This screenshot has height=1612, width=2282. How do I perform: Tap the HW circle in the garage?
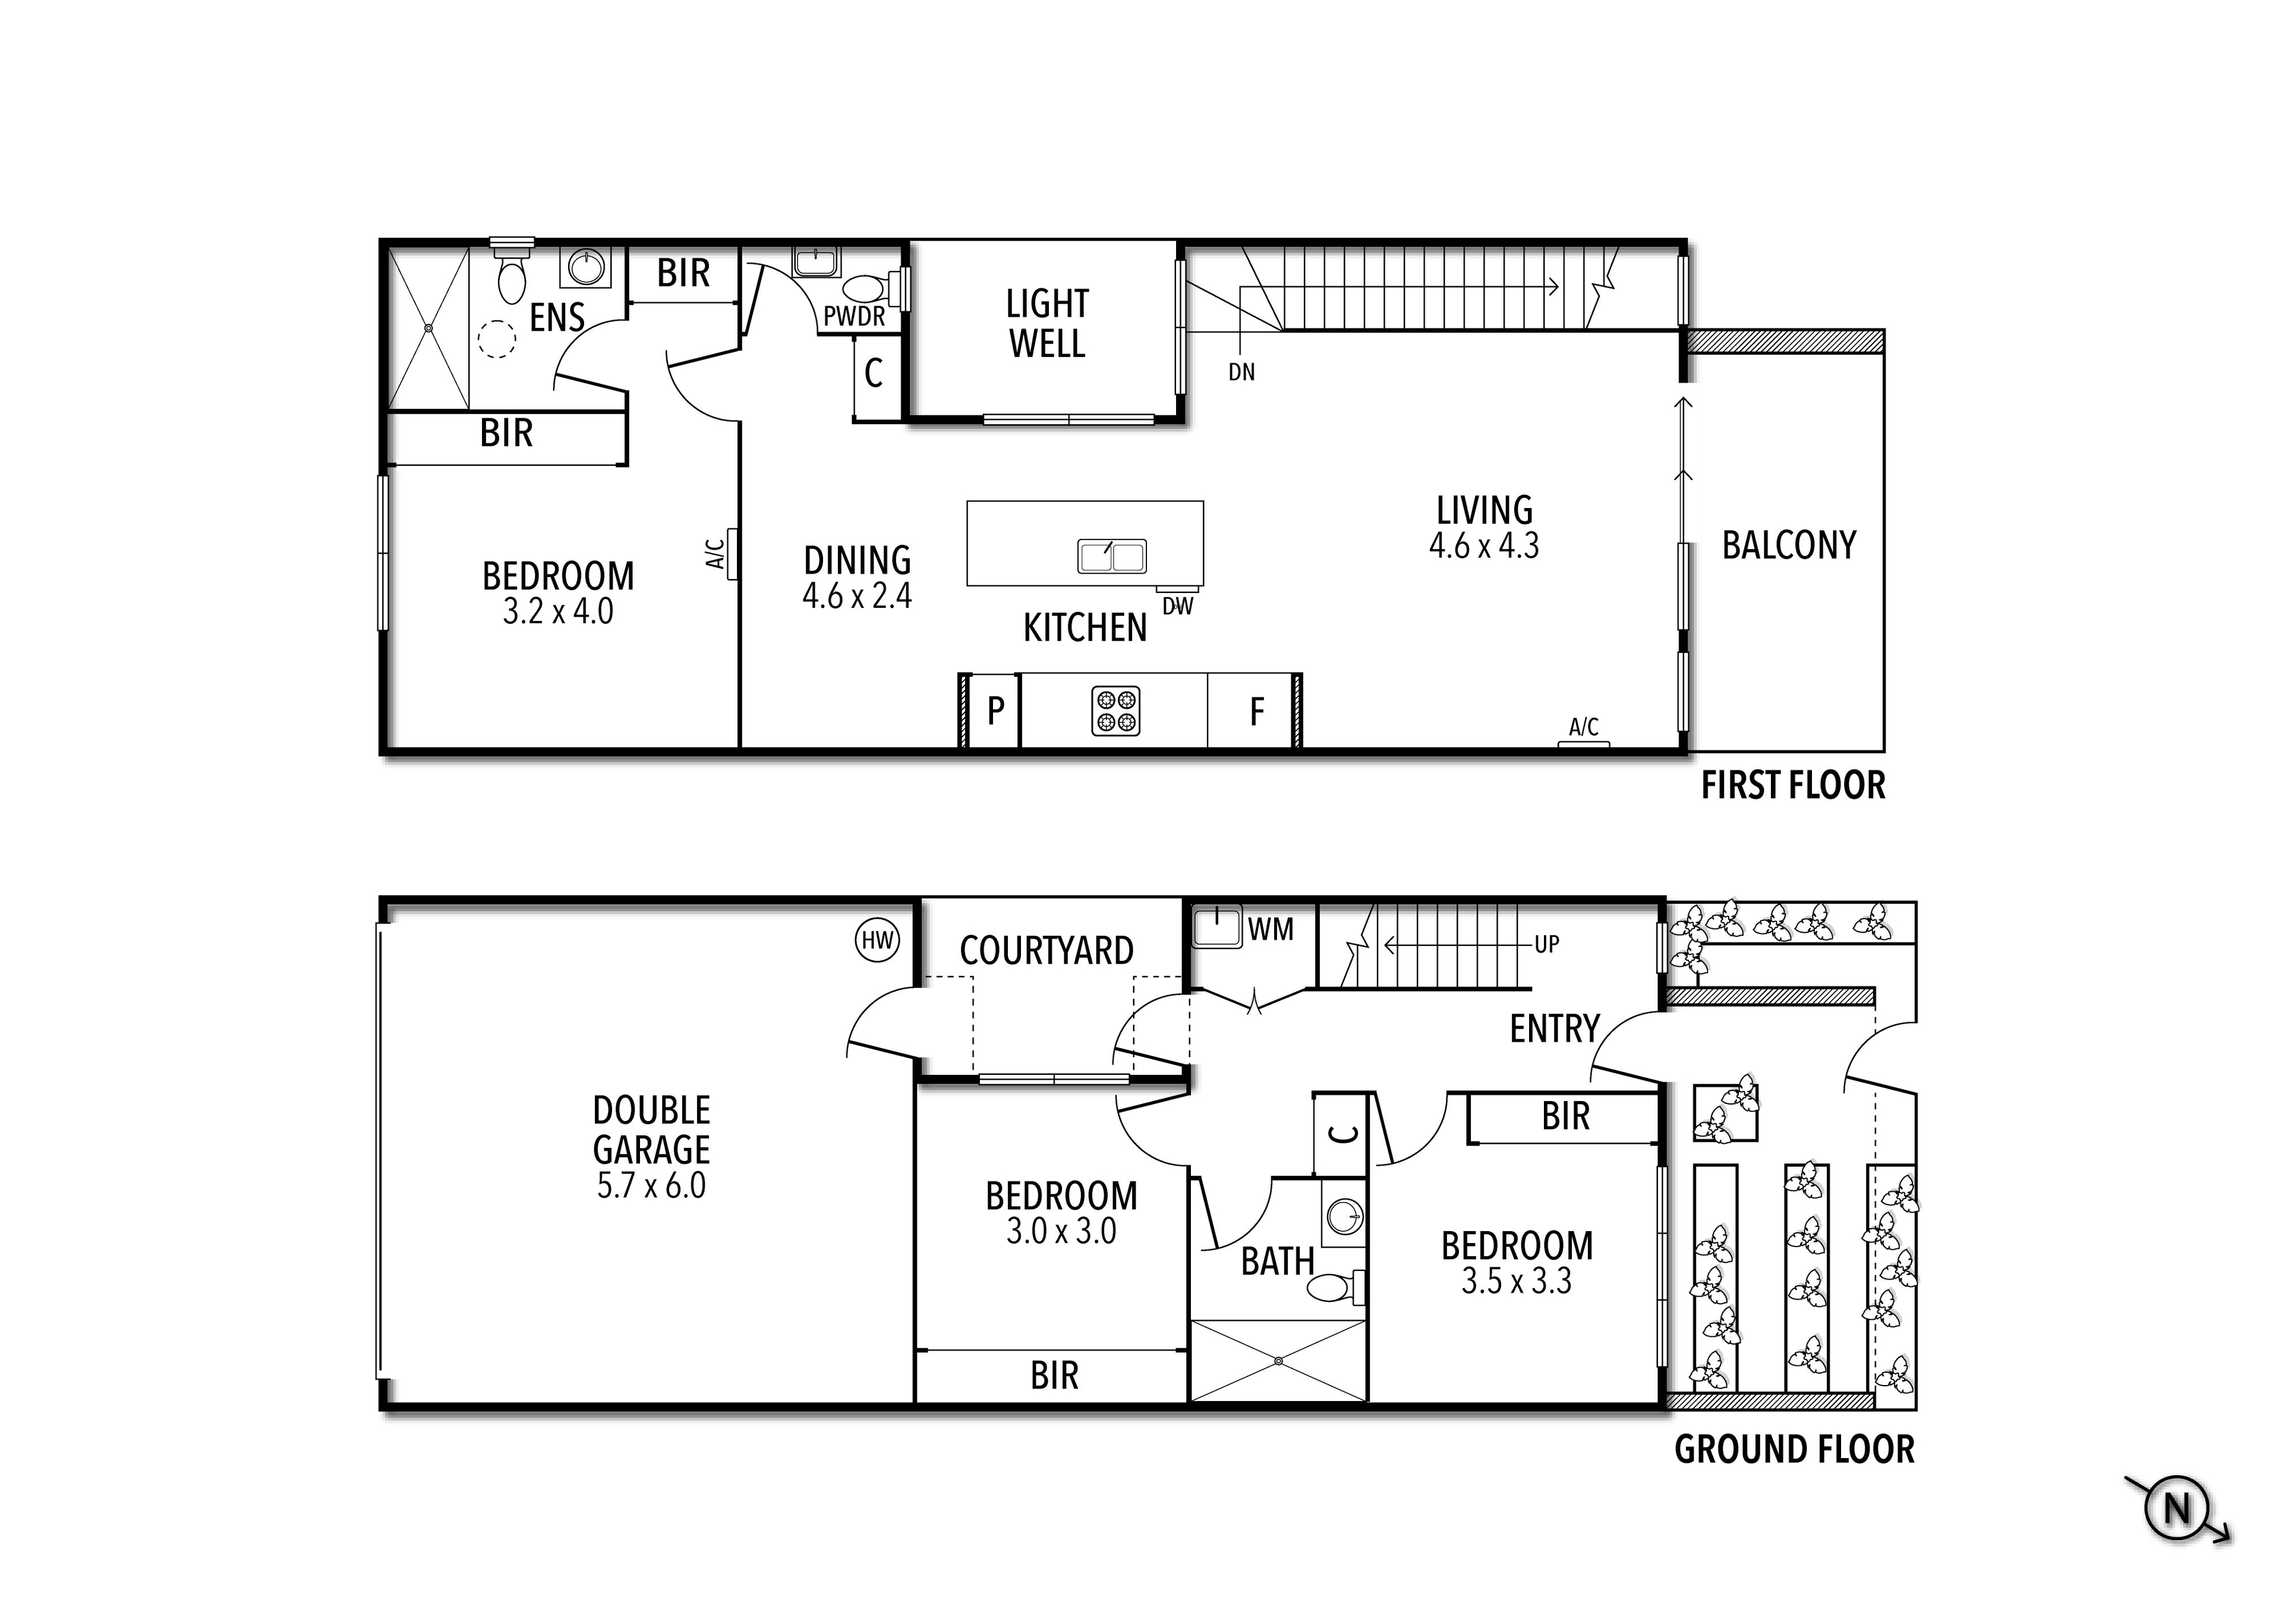pos(878,940)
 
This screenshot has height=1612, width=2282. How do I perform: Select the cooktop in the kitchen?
pos(1115,712)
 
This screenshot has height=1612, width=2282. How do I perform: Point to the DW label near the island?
pos(1178,606)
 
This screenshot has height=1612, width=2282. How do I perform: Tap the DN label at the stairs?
pos(1241,373)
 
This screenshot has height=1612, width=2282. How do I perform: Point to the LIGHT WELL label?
pos(1047,324)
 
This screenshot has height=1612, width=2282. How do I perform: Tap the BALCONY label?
pos(1789,545)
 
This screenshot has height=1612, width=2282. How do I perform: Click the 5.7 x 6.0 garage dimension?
pos(651,1185)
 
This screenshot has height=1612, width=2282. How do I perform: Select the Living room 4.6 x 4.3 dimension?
pos(1484,545)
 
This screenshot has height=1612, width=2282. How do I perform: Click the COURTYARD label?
pos(1047,951)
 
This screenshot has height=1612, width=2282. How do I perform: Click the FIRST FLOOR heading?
pos(1793,786)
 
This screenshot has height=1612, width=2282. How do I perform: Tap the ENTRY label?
pos(1555,1029)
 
